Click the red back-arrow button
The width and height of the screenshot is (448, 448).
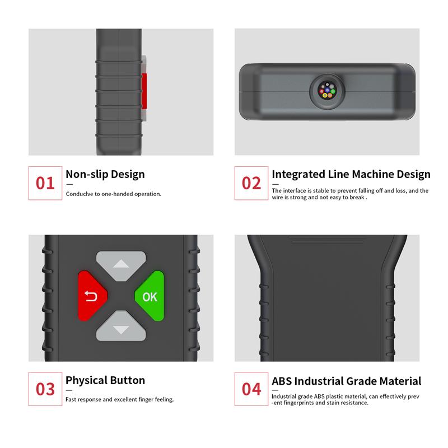[92, 296]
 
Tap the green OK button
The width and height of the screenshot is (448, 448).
[150, 296]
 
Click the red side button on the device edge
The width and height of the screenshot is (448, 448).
[144, 91]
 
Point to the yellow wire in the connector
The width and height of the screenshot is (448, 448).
[325, 95]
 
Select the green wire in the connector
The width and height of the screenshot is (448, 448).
[333, 91]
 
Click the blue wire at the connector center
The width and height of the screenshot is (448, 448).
[327, 90]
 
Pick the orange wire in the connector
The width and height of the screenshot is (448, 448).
[330, 95]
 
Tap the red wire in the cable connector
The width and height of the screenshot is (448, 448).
[321, 91]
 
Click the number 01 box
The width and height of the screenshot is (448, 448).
[45, 183]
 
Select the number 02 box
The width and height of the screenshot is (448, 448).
[251, 183]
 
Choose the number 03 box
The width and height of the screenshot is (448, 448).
[45, 389]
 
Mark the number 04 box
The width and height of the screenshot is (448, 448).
[251, 389]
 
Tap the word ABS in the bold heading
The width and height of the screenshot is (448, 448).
[282, 381]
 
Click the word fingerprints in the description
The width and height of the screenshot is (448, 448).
[300, 403]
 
